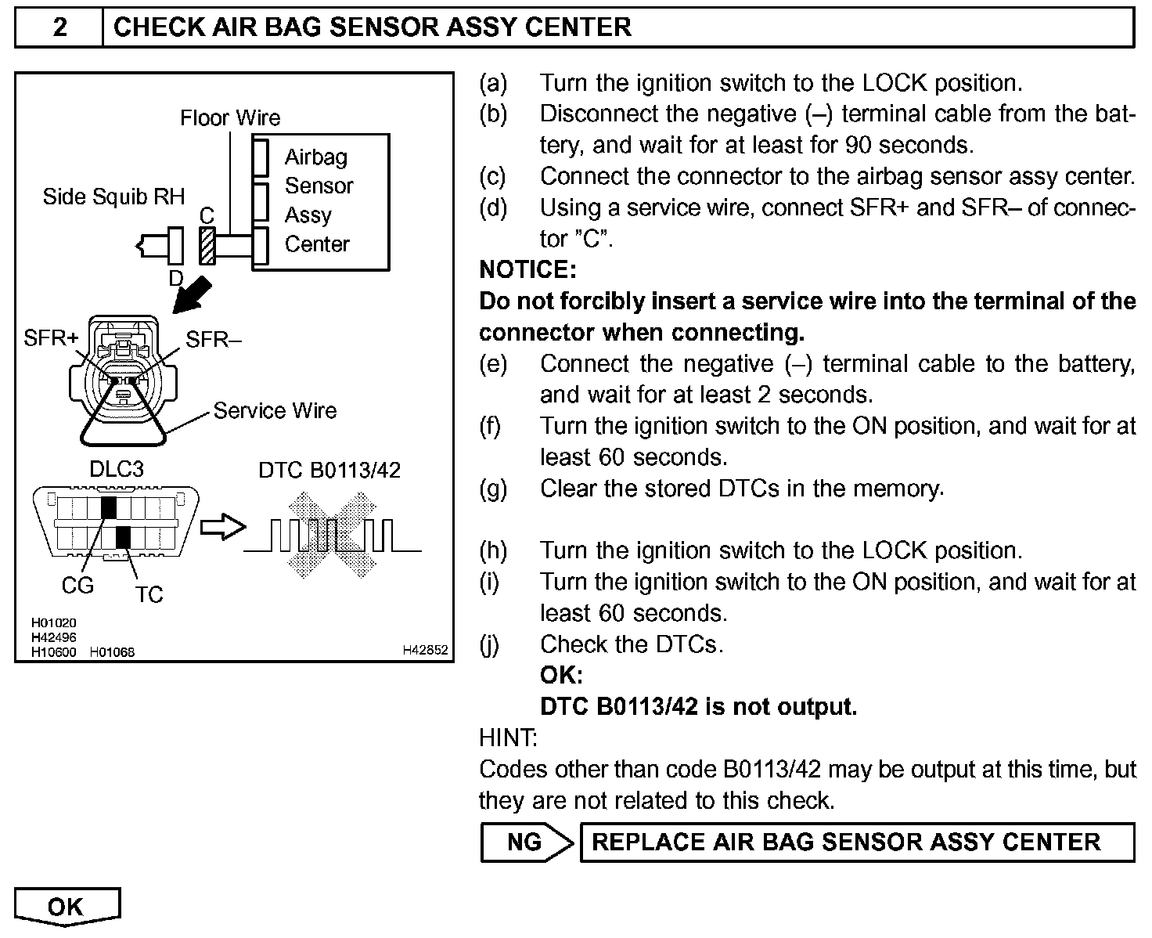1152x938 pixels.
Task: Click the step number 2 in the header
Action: point(59,28)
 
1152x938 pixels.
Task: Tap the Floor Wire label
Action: point(229,118)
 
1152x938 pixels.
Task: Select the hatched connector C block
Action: point(207,246)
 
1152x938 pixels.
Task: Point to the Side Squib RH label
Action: point(113,197)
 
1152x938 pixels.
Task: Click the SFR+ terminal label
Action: point(51,338)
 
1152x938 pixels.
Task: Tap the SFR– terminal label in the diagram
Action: point(214,339)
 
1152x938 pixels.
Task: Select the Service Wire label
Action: point(275,411)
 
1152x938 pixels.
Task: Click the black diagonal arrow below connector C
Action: point(192,294)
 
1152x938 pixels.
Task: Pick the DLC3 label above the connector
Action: point(117,469)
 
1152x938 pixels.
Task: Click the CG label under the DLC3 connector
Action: point(77,586)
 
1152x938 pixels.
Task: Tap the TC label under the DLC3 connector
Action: point(149,595)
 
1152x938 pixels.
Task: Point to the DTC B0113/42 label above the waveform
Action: point(329,470)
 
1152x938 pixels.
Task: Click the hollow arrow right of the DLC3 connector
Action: point(222,527)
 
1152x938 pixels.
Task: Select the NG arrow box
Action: point(526,842)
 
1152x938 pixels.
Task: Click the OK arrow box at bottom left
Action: point(67,907)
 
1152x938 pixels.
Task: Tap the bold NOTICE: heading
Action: point(527,270)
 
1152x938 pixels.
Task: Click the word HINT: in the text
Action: point(508,738)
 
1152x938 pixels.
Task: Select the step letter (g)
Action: point(492,489)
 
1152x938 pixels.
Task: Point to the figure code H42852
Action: point(425,650)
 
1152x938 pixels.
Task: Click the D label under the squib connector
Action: point(176,278)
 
